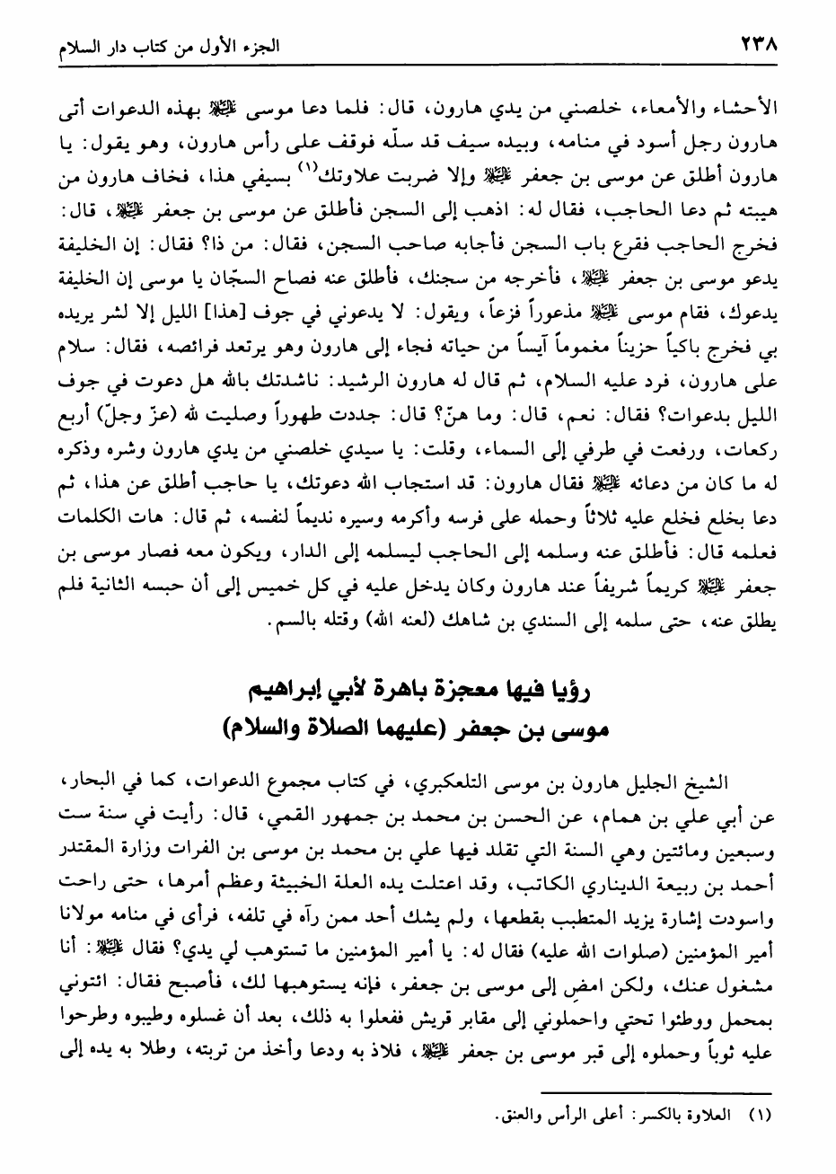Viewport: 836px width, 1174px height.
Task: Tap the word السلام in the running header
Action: (59, 45)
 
